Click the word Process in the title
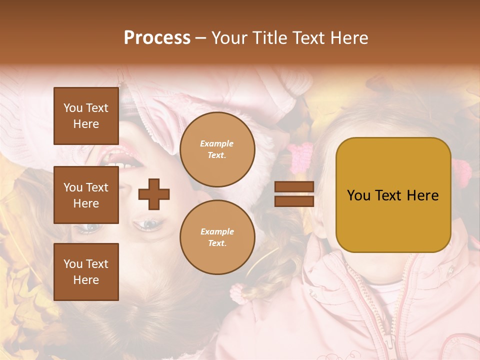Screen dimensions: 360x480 [x=157, y=38]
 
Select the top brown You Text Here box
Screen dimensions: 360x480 [x=86, y=116]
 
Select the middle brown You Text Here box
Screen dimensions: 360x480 [x=86, y=195]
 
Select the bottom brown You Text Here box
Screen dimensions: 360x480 [x=86, y=272]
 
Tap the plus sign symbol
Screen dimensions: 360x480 [x=154, y=194]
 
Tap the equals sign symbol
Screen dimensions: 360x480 [x=294, y=194]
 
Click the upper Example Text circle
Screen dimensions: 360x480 [x=217, y=149]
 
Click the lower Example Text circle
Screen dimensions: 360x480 [x=217, y=237]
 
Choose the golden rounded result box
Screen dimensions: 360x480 [x=393, y=195]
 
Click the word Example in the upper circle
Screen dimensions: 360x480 [x=217, y=143]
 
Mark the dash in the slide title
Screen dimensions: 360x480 [x=201, y=38]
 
